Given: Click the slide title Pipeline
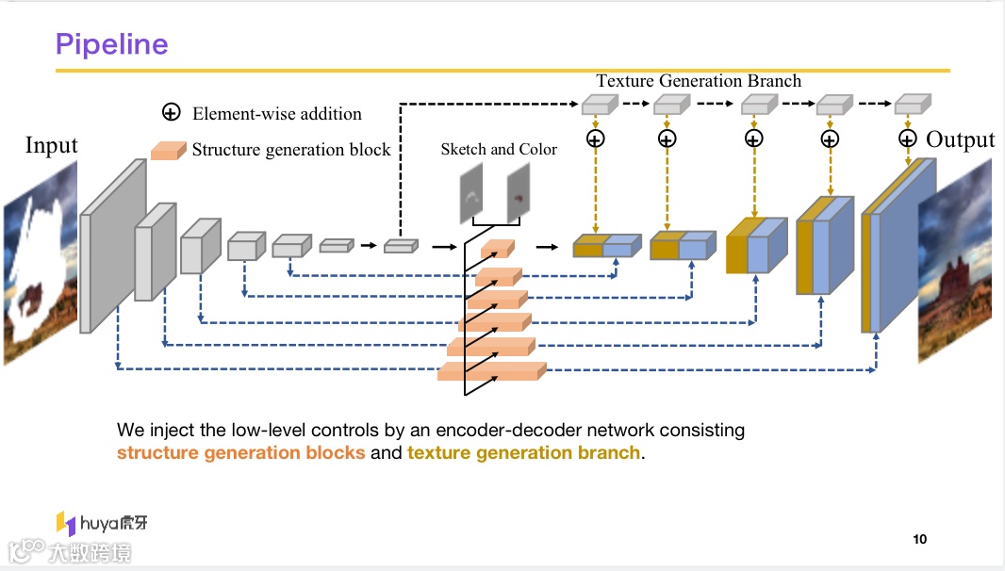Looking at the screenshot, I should click(x=111, y=44).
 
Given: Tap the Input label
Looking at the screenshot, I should click(x=51, y=145).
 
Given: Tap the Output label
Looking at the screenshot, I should click(x=960, y=139).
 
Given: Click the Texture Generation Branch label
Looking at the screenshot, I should click(x=699, y=81).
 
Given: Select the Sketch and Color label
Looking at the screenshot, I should click(x=499, y=149).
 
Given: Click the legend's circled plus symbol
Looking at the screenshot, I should click(x=171, y=113).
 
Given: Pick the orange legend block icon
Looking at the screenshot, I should click(x=168, y=150).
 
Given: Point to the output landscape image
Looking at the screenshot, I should click(x=955, y=260).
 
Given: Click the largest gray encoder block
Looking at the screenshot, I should click(x=112, y=246).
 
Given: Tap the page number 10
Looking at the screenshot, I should click(x=920, y=539).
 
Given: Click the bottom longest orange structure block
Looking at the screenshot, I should click(x=491, y=371).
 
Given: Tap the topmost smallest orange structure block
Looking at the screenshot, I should click(x=497, y=249).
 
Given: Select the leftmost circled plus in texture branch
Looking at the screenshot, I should click(x=595, y=139).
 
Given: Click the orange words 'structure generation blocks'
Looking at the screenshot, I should click(x=240, y=452).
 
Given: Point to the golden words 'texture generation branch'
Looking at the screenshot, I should click(x=523, y=452).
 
